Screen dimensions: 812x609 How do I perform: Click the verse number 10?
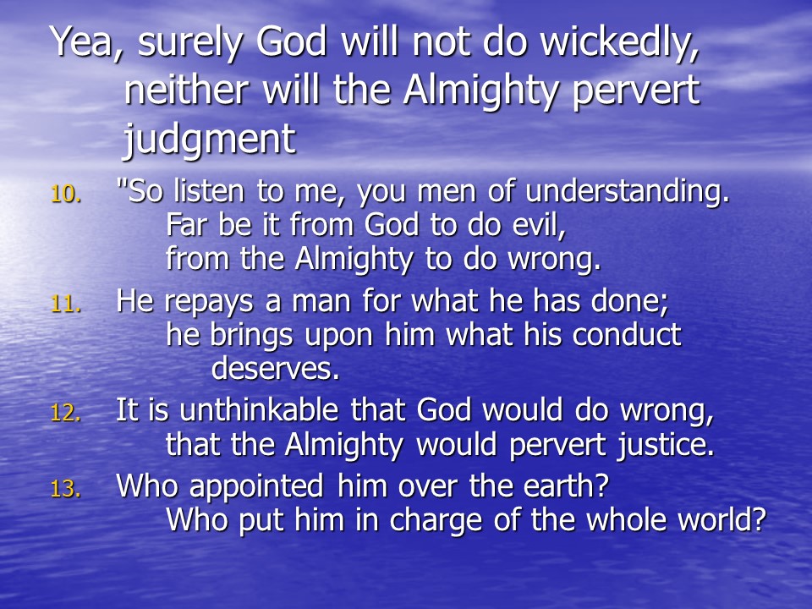(x=66, y=195)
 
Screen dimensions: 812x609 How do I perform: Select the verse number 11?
(x=66, y=304)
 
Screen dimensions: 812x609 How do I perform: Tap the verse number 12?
(x=66, y=413)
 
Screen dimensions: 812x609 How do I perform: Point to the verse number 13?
(x=66, y=488)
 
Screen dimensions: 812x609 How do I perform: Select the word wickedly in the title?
(x=619, y=43)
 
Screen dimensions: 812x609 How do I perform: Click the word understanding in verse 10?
(x=627, y=192)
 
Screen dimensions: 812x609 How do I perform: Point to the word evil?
(x=539, y=225)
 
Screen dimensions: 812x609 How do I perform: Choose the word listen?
(x=208, y=191)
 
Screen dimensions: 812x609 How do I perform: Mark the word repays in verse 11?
(x=209, y=303)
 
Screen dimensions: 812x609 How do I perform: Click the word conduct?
(x=627, y=335)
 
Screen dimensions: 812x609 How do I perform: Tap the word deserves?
(x=276, y=369)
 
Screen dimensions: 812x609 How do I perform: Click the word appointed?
(x=256, y=488)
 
